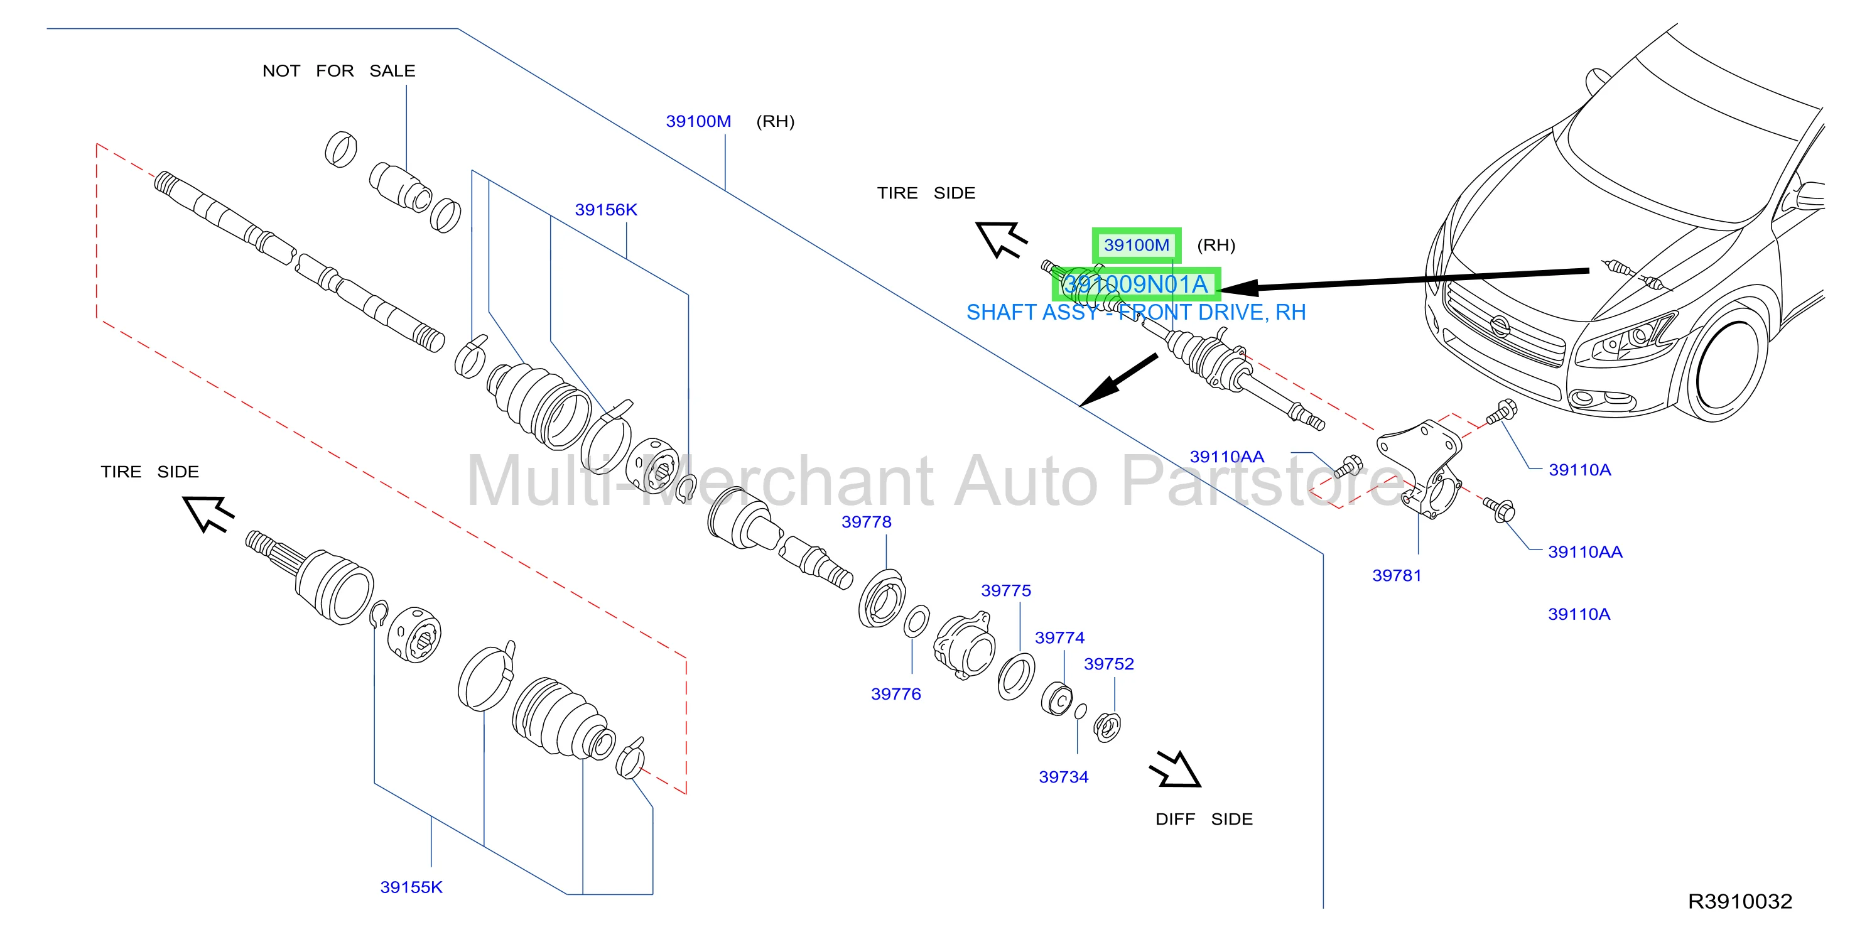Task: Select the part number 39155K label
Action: coord(411,887)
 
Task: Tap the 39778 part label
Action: coord(866,521)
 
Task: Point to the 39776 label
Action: coord(895,693)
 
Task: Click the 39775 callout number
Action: coord(1006,590)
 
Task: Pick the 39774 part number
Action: coord(1059,637)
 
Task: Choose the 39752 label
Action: coord(1108,664)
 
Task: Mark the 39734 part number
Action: coord(1063,776)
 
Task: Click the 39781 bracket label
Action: coord(1396,575)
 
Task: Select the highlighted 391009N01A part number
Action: coord(1136,284)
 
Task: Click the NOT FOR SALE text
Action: coord(338,70)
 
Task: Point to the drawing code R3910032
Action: coord(1739,901)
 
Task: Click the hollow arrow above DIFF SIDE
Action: coord(1174,769)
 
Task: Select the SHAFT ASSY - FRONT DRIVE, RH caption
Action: coord(1136,312)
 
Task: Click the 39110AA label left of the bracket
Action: coord(1226,457)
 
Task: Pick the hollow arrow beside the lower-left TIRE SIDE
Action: coord(208,513)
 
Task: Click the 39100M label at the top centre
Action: coord(698,121)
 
